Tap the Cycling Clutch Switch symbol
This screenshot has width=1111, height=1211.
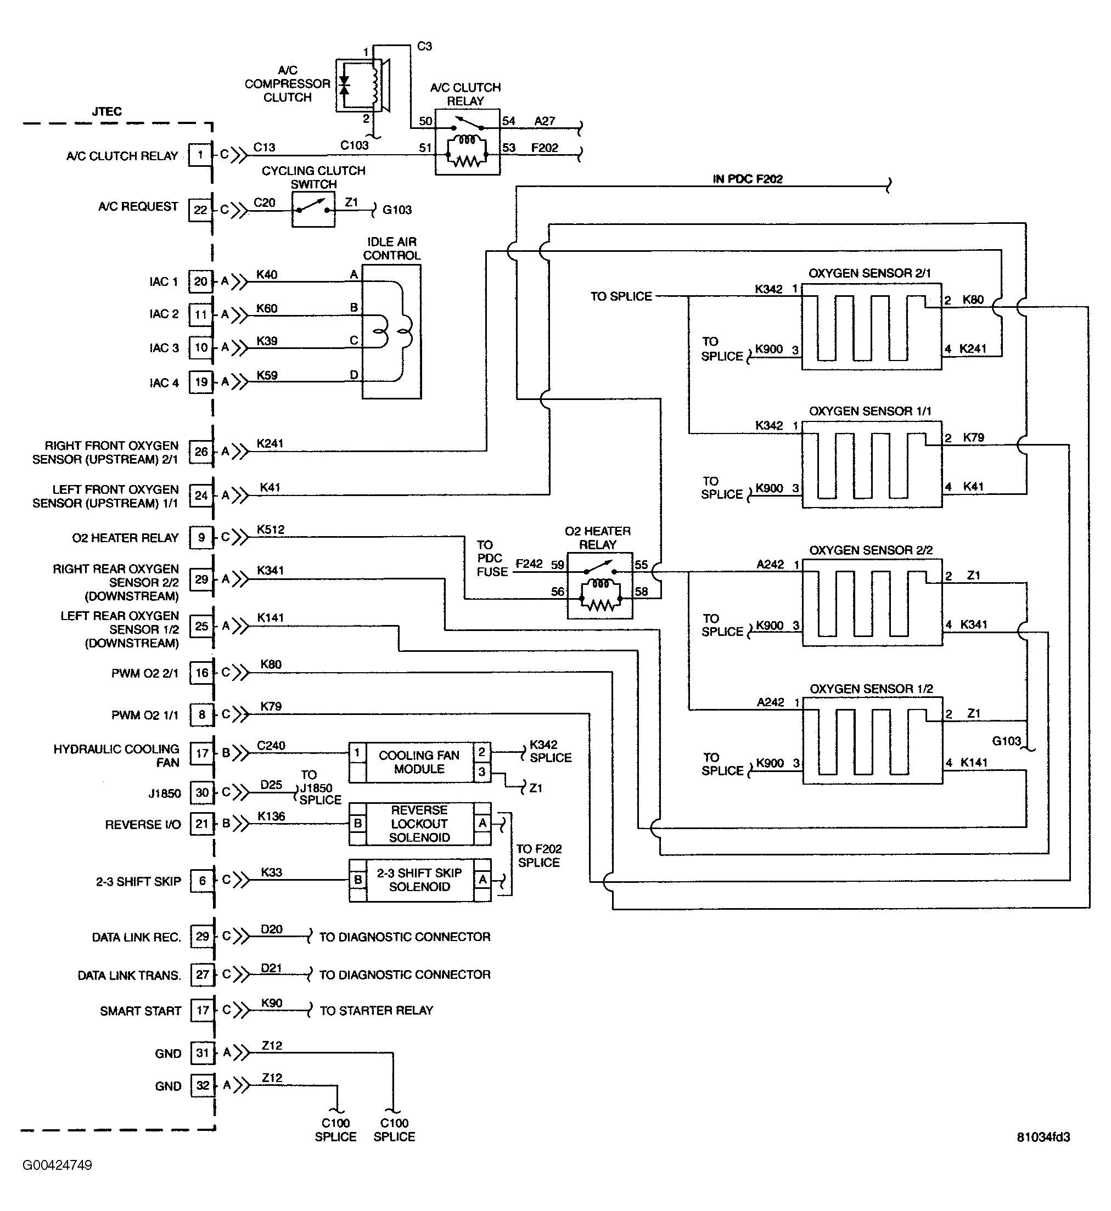point(313,209)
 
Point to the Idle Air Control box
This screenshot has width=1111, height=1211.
point(391,332)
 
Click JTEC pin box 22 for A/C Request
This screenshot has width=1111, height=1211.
point(200,210)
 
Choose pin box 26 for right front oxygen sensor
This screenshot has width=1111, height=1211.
point(201,452)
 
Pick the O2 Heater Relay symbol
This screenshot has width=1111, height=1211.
point(599,585)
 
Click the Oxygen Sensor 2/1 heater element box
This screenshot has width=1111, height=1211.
point(871,327)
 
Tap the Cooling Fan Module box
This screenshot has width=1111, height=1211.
point(419,762)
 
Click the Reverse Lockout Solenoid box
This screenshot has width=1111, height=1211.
point(419,824)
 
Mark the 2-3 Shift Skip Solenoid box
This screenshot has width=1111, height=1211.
point(419,880)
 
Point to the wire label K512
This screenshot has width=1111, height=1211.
point(271,530)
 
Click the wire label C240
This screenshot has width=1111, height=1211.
point(271,745)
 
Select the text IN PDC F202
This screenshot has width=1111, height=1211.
point(747,179)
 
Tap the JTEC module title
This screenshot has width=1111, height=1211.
point(106,111)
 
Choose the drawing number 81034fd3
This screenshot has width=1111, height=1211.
point(1043,1137)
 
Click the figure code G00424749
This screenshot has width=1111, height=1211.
point(57,1165)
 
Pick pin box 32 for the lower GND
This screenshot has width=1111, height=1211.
point(203,1085)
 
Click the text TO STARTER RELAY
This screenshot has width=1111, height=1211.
point(376,1010)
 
